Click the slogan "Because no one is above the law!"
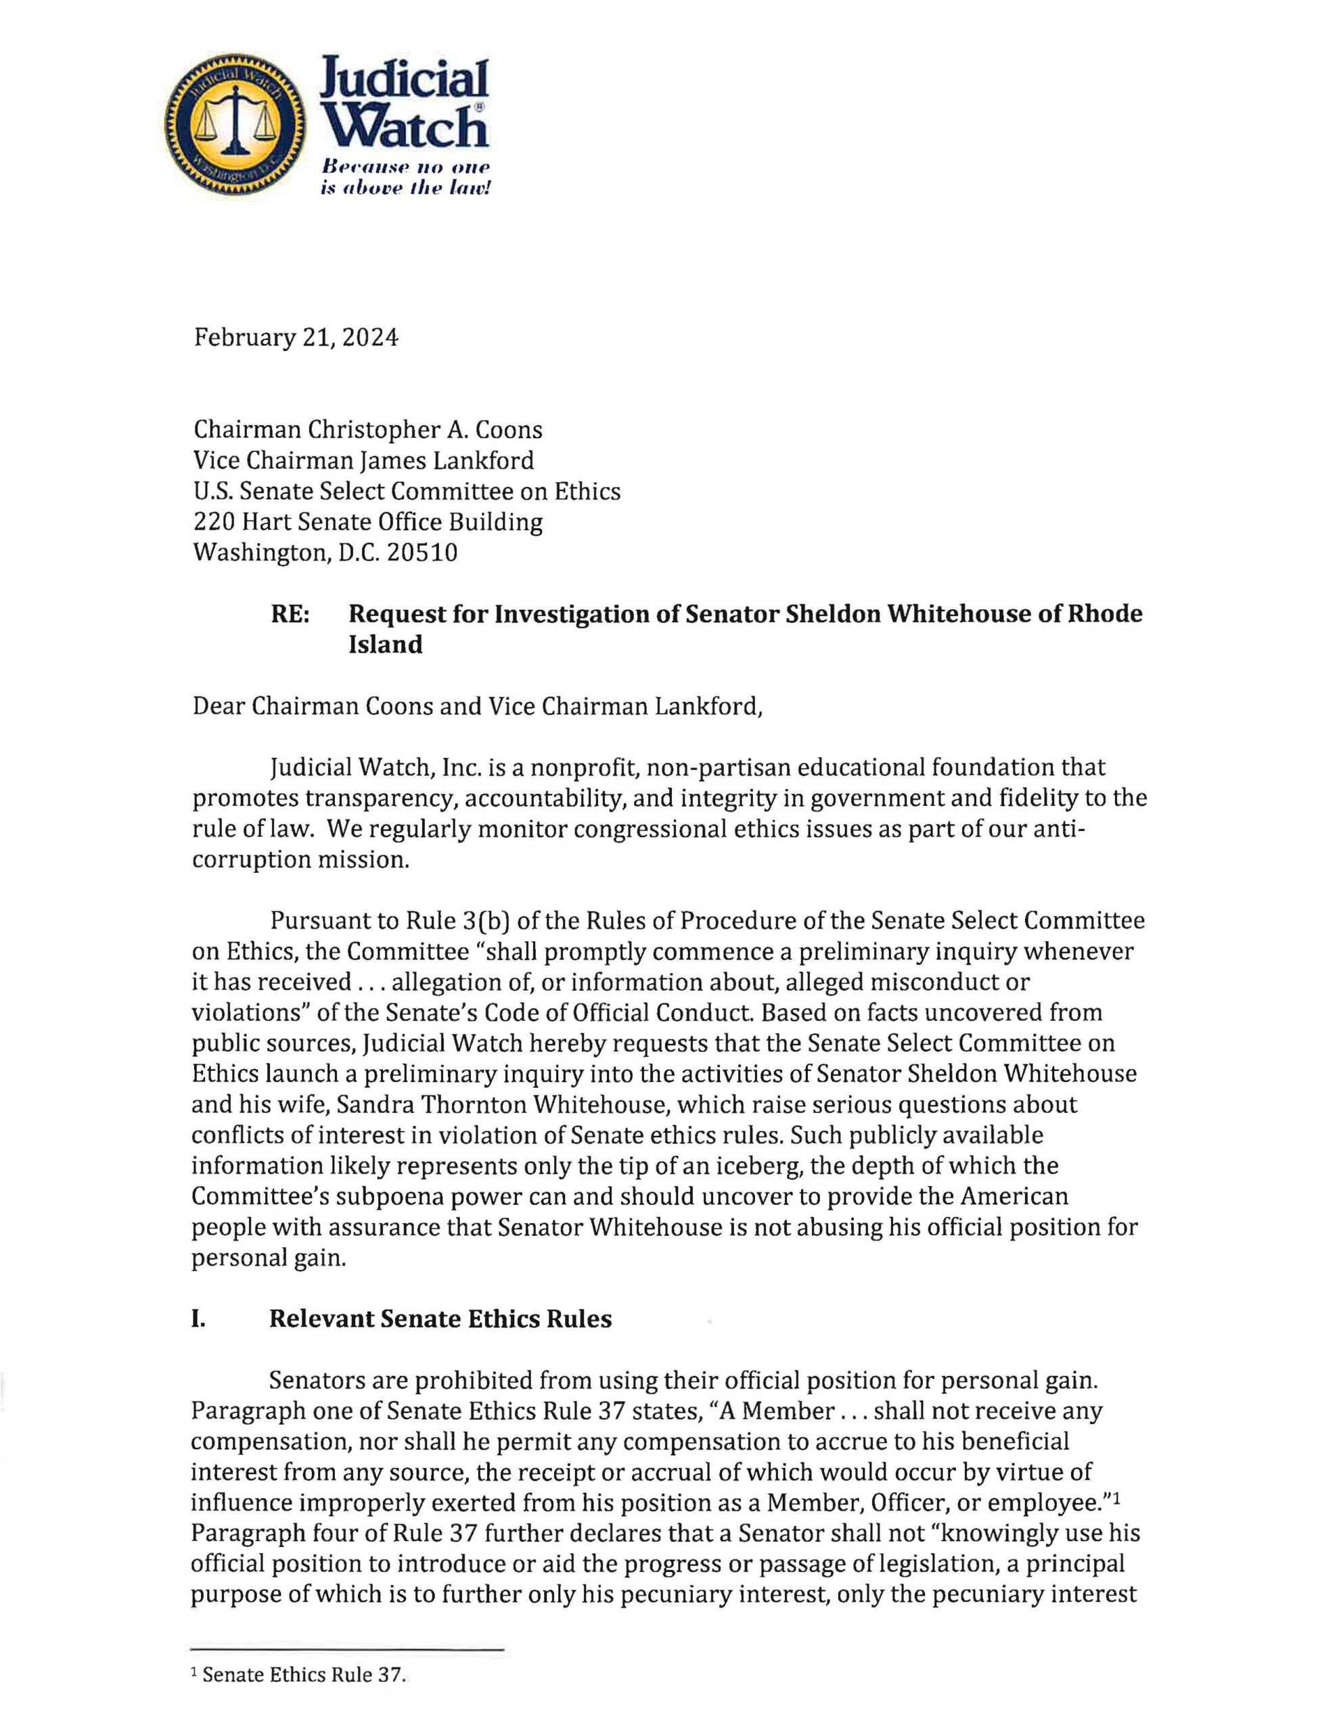(x=405, y=179)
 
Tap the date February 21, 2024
(x=296, y=337)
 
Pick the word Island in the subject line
(x=386, y=644)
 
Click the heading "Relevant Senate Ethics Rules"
(x=440, y=1319)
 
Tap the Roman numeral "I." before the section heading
(x=198, y=1319)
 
